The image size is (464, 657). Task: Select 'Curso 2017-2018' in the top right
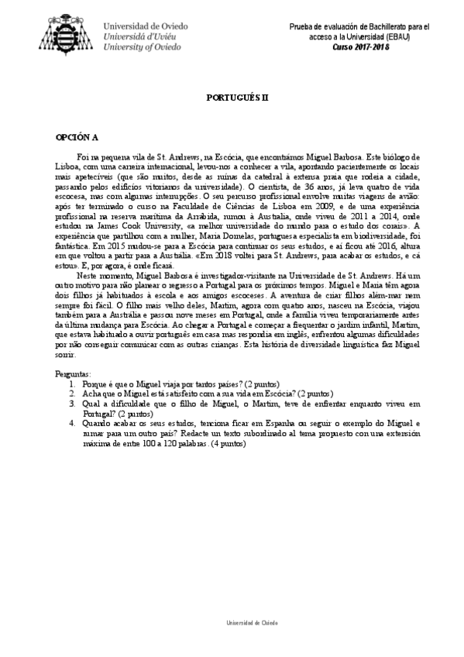(363, 47)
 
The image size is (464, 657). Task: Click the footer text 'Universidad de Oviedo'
(252, 622)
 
